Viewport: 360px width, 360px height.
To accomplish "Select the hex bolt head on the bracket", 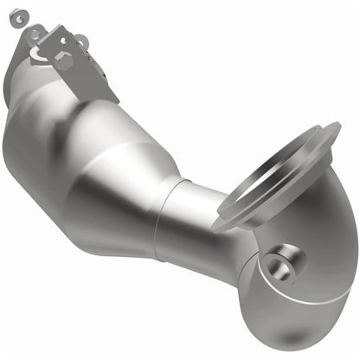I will pyautogui.click(x=63, y=59).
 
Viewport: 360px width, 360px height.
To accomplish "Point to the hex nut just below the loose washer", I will pyautogui.click(x=35, y=32).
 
